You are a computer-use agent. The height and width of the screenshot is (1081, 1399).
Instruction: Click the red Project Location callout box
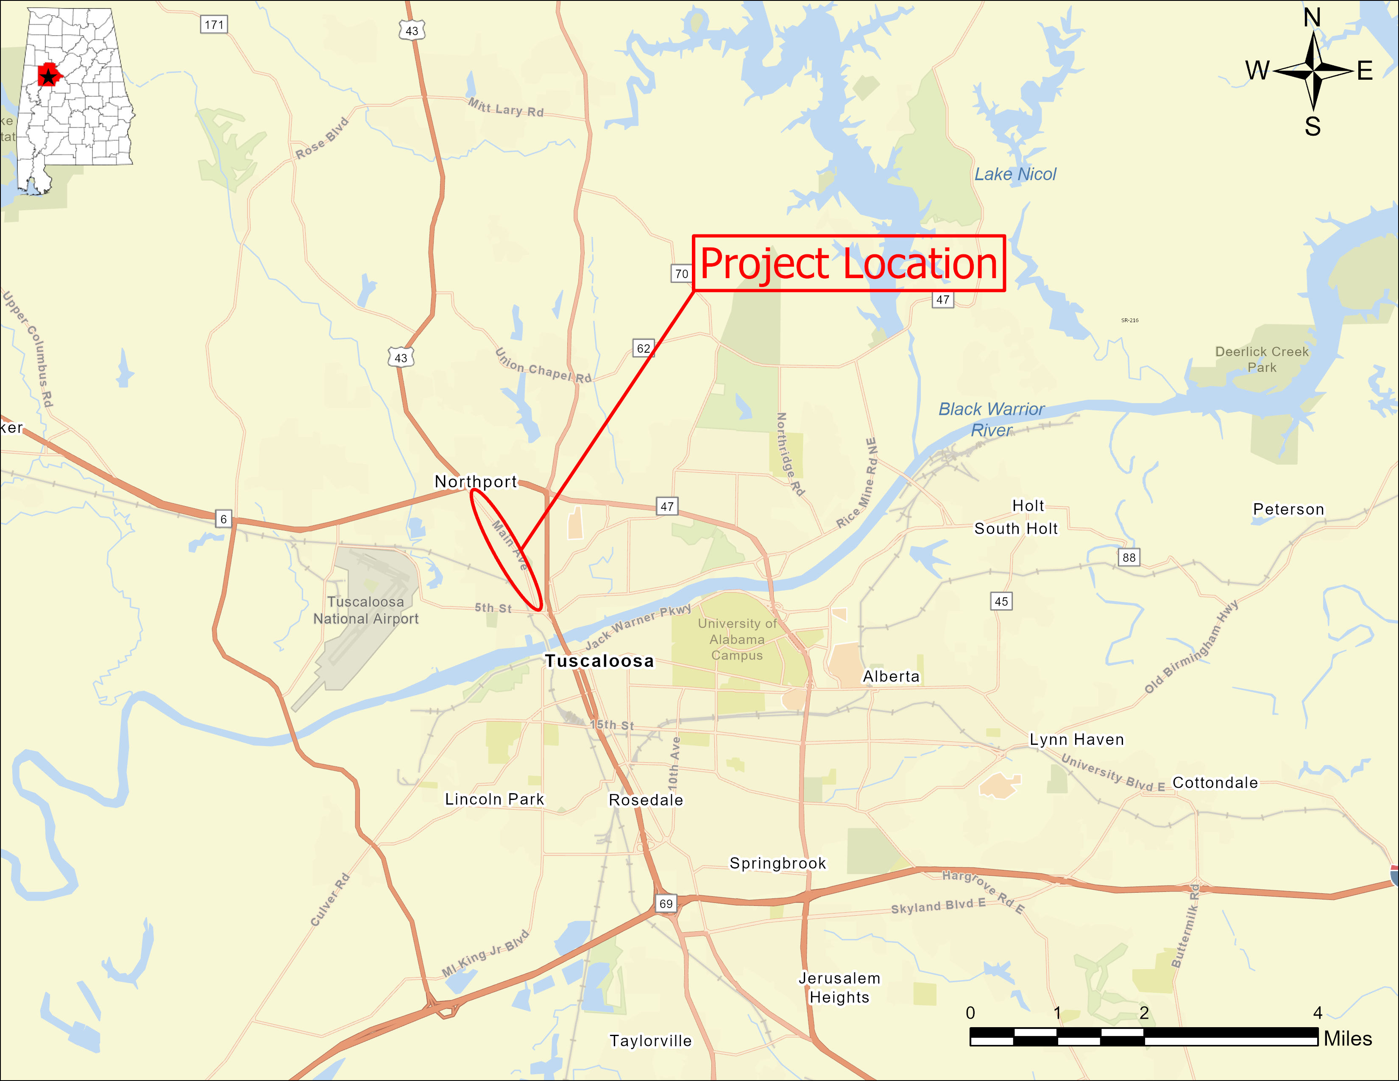click(x=848, y=263)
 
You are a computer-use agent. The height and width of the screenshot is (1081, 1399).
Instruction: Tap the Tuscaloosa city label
click(x=599, y=661)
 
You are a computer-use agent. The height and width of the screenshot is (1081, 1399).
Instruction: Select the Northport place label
click(x=475, y=482)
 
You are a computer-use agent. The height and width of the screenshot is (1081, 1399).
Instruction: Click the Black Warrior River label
click(x=991, y=419)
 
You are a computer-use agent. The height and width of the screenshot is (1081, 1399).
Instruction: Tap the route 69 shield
click(x=666, y=904)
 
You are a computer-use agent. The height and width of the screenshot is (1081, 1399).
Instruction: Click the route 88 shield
click(x=1129, y=557)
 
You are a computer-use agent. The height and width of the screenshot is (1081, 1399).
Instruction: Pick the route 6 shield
click(x=223, y=519)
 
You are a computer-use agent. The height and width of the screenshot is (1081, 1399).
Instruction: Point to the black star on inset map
click(x=48, y=78)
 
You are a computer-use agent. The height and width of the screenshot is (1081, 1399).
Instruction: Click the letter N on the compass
click(x=1312, y=18)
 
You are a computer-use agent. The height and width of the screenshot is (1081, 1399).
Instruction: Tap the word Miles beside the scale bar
click(x=1348, y=1039)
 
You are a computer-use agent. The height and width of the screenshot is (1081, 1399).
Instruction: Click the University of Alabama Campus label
click(x=737, y=639)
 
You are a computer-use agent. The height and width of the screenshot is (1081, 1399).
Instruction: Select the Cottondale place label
click(x=1215, y=783)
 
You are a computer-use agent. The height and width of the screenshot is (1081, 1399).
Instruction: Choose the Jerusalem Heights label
click(x=839, y=987)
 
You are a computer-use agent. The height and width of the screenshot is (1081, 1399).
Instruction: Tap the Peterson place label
click(x=1288, y=509)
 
